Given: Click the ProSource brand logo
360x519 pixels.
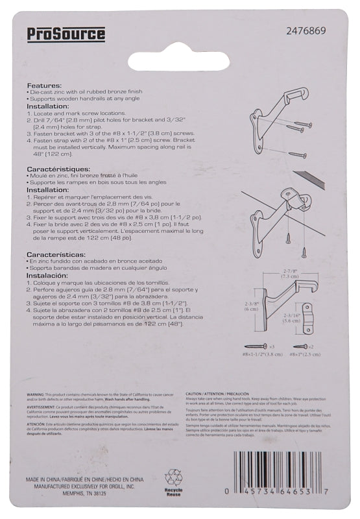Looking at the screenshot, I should pos(66,34).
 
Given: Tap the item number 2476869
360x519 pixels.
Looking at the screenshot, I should pos(306,30).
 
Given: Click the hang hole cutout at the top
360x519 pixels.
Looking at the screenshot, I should pos(178,59).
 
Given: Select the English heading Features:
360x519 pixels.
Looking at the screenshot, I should pos(45,86).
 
